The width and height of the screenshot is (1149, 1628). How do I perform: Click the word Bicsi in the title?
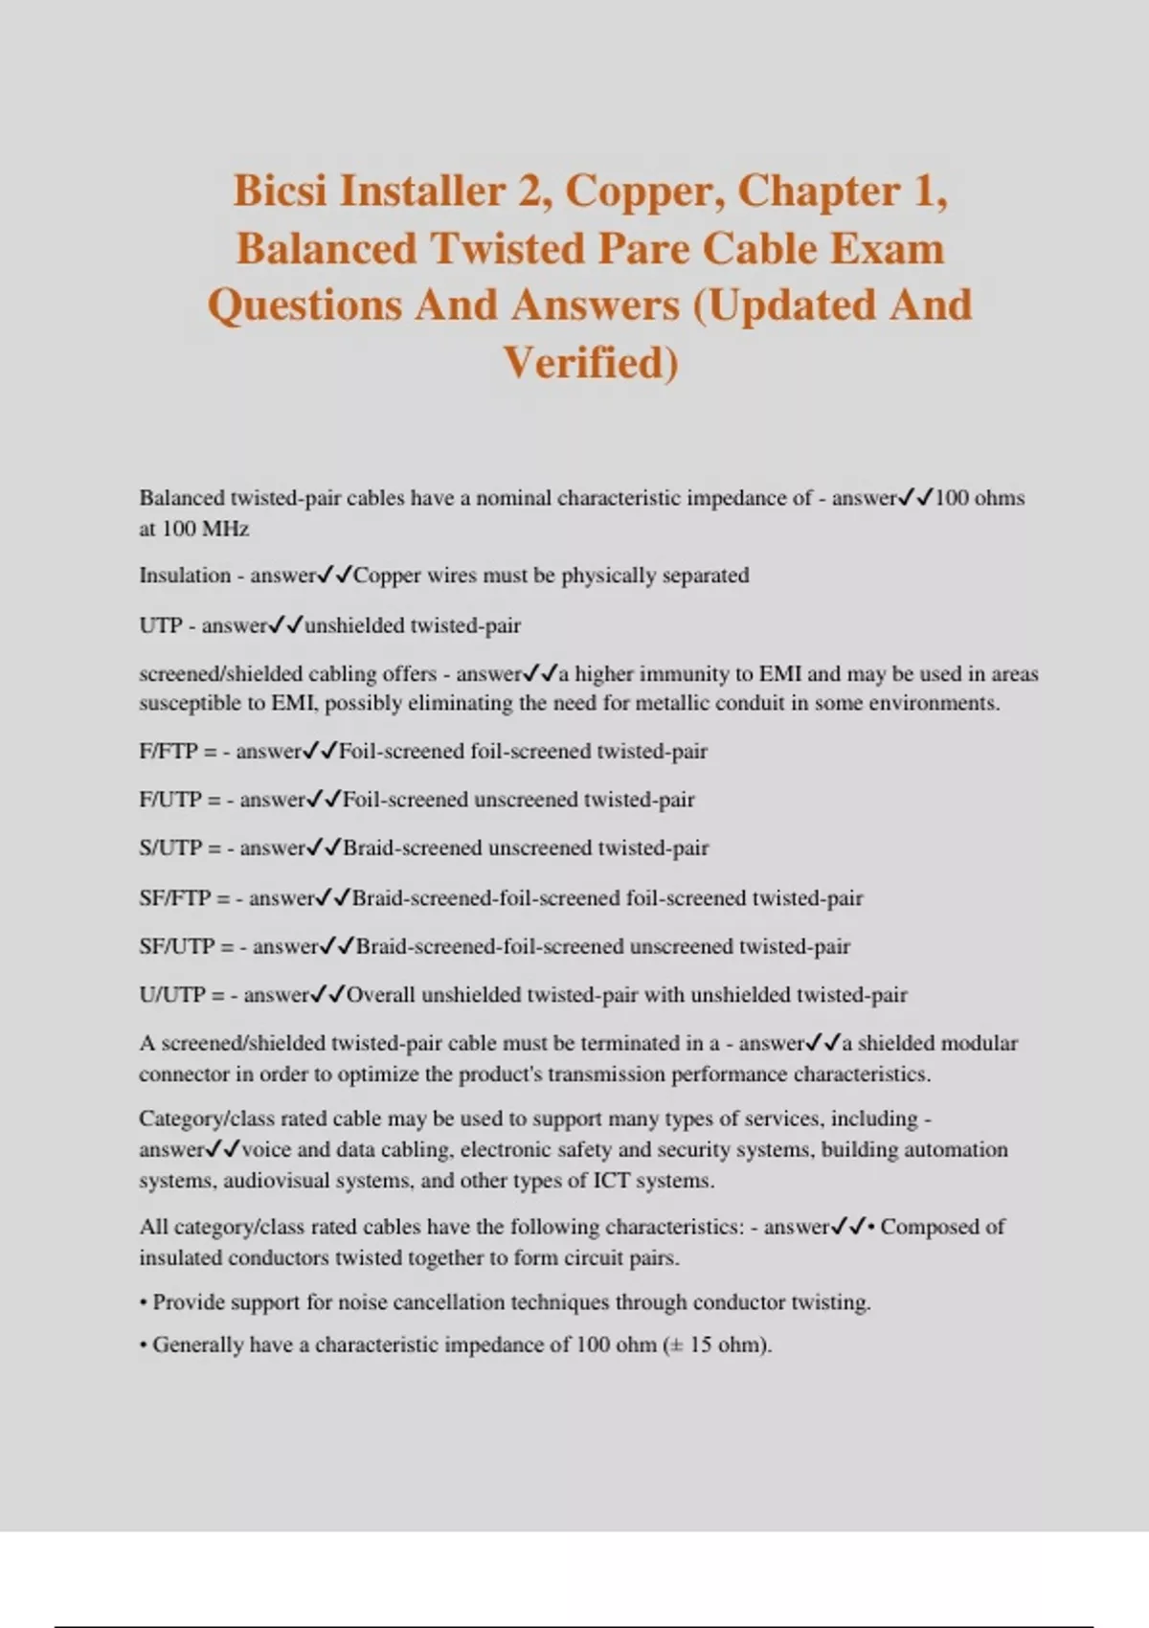[281, 191]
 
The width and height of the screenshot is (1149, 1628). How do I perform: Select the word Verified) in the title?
[591, 363]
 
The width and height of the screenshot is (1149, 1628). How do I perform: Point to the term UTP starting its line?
[160, 625]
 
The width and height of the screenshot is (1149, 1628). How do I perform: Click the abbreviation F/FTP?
[168, 751]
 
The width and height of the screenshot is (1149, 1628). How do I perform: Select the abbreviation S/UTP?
[169, 848]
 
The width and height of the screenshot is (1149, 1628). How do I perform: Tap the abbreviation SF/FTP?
[174, 898]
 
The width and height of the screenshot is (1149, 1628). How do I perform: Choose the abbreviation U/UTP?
[171, 995]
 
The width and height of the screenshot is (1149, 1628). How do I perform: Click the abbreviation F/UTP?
[169, 800]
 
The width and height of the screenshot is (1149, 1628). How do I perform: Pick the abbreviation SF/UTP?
[176, 946]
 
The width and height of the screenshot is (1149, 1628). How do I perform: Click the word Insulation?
[185, 576]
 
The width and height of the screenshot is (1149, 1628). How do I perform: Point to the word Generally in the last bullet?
[197, 1345]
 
